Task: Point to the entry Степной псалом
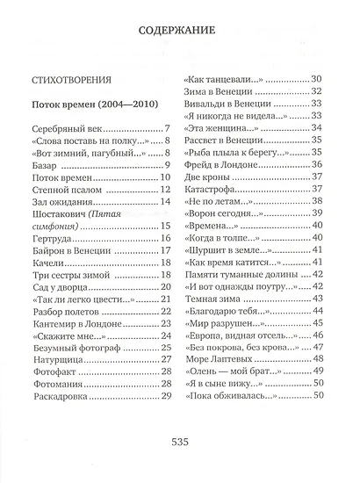pos(67,188)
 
